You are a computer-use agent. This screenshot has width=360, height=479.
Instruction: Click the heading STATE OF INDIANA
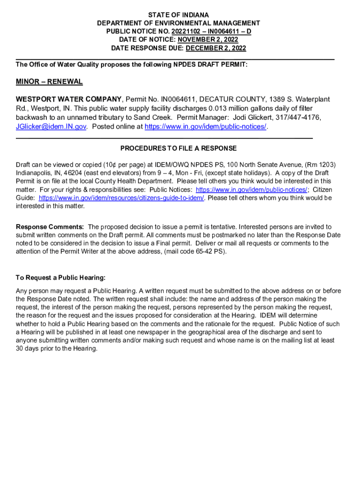coord(179,15)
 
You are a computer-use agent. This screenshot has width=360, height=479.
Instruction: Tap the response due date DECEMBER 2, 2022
coord(216,48)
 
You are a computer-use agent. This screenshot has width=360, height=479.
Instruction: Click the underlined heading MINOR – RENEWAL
coord(49,82)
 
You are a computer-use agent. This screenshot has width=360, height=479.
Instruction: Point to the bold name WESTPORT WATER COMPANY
coord(69,99)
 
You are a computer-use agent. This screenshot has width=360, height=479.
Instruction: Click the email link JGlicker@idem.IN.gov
coord(51,127)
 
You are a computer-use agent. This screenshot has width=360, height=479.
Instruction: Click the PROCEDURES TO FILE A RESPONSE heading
coord(179,148)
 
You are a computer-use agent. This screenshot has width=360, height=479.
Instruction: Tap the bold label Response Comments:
coord(50,227)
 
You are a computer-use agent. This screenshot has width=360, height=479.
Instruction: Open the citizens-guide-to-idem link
coord(122,198)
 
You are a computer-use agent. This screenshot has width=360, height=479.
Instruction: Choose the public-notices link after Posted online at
coord(206,127)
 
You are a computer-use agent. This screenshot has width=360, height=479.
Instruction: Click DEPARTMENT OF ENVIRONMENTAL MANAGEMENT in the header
coord(179,23)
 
